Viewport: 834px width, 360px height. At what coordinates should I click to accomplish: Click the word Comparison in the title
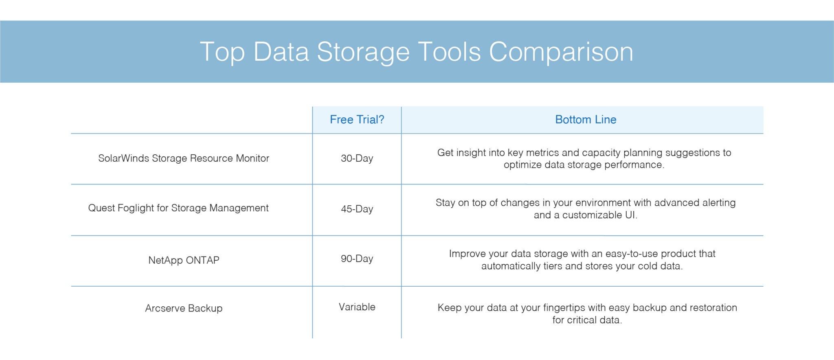point(561,52)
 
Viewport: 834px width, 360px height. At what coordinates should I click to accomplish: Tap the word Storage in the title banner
point(363,52)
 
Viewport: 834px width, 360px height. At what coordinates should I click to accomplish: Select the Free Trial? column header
point(357,120)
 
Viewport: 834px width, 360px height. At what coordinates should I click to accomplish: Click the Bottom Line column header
point(585,120)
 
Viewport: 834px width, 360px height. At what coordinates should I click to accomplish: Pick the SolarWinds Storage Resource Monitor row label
point(184,158)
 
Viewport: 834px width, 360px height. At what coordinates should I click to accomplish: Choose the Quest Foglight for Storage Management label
point(178,208)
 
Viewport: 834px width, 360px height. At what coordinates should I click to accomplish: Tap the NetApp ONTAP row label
point(184,260)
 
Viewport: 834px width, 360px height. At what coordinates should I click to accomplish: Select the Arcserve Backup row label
point(184,308)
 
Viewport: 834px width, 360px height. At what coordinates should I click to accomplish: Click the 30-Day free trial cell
point(357,158)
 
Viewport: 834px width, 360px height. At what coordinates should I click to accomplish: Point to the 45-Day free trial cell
point(357,209)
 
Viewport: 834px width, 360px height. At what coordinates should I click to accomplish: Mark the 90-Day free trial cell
point(357,259)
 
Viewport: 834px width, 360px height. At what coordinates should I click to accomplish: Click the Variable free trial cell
point(357,307)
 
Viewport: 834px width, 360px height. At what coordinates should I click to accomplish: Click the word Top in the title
point(222,52)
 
